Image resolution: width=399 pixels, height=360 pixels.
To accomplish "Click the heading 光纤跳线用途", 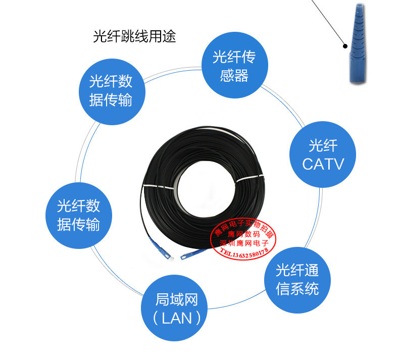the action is (x=134, y=37).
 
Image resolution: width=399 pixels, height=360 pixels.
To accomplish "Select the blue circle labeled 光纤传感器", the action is (x=234, y=66).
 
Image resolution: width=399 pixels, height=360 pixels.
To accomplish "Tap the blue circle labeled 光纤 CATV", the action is (x=323, y=155).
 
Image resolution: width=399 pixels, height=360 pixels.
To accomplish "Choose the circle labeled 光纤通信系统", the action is (x=297, y=279).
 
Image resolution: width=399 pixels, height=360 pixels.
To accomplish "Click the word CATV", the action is (x=323, y=164).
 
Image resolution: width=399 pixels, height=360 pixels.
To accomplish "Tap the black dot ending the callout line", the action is (x=345, y=45).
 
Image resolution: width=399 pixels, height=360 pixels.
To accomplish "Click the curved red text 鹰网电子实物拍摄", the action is (x=242, y=226).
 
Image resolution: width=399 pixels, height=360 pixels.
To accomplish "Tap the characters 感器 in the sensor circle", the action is (x=234, y=75).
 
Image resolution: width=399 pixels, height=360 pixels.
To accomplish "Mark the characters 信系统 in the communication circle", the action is (x=297, y=289).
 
